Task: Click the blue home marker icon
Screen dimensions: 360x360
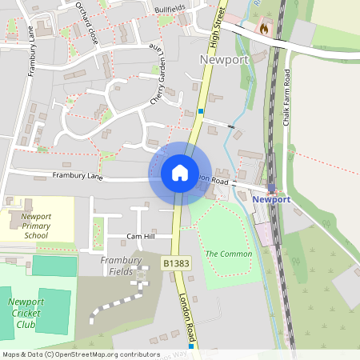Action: [180, 172]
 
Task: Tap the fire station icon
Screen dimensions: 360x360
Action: [263, 27]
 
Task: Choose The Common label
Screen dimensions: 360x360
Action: [228, 254]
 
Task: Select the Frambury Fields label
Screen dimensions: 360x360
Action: [121, 266]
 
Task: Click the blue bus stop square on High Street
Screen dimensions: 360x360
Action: [201, 111]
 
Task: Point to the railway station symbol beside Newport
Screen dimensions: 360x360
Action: [272, 190]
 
